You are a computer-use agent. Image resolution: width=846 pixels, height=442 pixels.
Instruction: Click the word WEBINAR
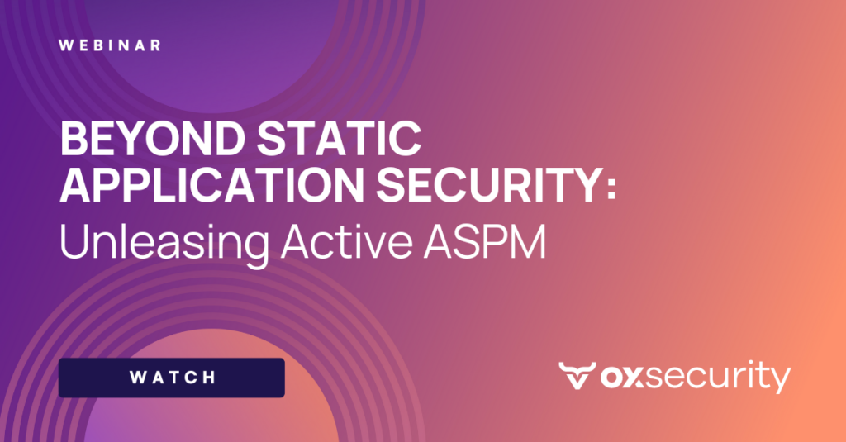tap(110, 45)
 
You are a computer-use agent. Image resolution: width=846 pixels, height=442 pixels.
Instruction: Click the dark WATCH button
tap(172, 378)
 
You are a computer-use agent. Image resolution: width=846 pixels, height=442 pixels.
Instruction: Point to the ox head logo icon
tap(575, 377)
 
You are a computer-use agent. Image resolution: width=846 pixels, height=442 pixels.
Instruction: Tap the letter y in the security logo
tap(779, 382)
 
